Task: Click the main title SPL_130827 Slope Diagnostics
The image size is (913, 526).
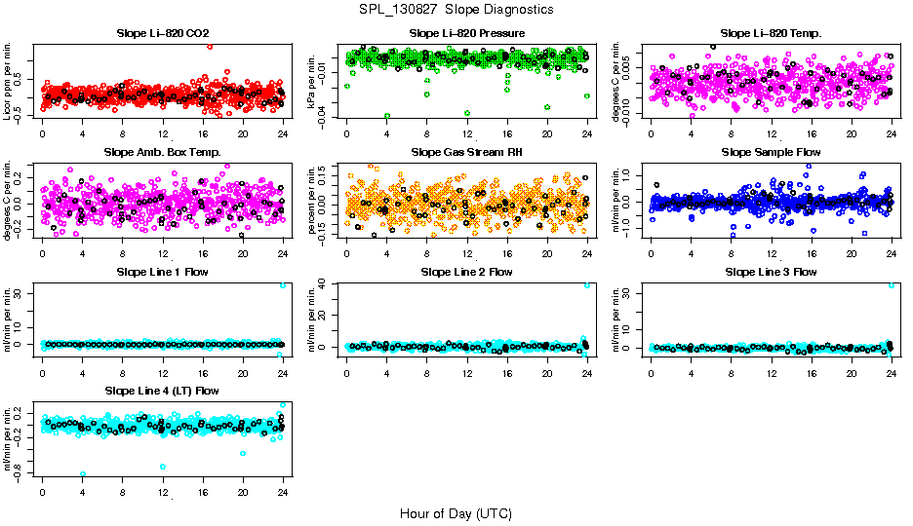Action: tap(456, 9)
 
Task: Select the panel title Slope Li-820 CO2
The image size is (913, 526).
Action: tap(162, 33)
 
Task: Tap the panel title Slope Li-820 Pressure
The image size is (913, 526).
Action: tap(466, 33)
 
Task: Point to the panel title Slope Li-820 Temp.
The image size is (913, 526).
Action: tap(771, 33)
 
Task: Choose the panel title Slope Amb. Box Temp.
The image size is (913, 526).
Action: tap(162, 152)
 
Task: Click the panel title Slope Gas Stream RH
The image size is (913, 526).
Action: tap(466, 152)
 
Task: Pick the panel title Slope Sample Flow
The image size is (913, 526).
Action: tap(771, 152)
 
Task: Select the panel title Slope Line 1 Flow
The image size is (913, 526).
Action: tap(162, 272)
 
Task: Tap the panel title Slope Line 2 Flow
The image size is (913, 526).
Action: tap(466, 272)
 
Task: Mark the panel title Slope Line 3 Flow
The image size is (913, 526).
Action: tap(771, 272)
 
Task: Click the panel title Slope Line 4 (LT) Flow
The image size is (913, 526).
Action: tap(162, 391)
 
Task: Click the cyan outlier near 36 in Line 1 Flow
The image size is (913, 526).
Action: tap(283, 284)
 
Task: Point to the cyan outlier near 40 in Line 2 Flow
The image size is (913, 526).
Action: tap(587, 284)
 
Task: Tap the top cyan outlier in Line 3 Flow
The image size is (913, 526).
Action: tap(892, 284)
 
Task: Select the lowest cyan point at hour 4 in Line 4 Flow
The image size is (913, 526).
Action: tap(83, 473)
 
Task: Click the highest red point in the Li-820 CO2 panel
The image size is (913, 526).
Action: tap(210, 46)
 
